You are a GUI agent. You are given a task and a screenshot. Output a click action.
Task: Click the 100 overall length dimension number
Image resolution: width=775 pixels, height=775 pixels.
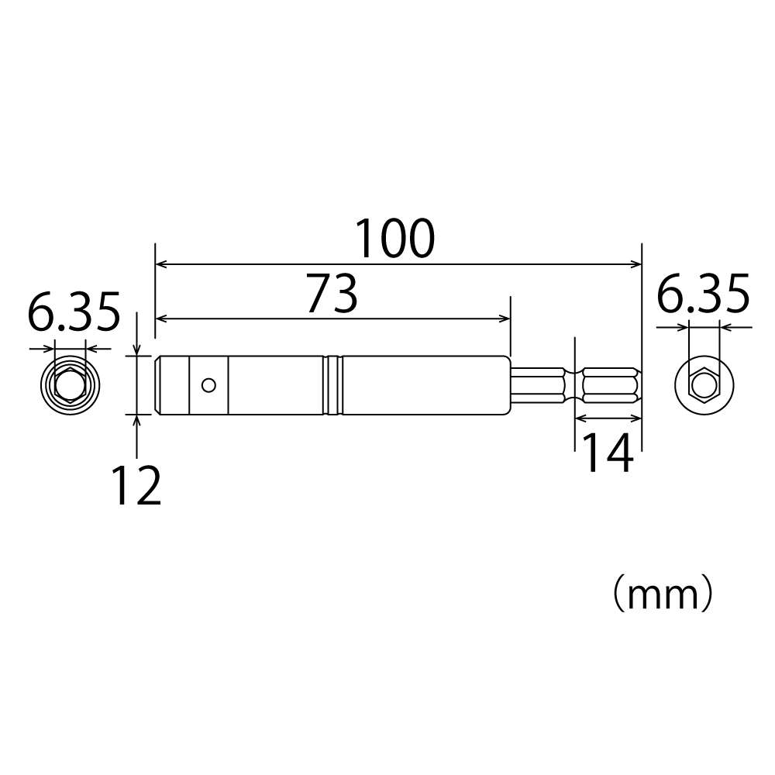tap(395, 239)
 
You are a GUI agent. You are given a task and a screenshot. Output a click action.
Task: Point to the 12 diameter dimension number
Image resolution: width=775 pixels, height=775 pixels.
tap(136, 487)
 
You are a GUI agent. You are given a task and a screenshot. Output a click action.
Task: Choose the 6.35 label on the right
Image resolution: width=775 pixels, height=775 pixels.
tap(703, 295)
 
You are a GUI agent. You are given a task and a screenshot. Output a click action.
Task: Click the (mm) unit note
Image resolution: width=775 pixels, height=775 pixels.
tap(659, 595)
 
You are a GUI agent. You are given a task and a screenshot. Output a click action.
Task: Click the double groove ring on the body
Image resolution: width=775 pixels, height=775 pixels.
tap(334, 385)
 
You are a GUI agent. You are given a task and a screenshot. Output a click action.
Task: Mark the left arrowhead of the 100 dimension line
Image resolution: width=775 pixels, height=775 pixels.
tap(160, 265)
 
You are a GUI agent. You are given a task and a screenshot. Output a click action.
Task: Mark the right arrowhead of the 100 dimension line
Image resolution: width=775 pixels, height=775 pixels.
tap(637, 265)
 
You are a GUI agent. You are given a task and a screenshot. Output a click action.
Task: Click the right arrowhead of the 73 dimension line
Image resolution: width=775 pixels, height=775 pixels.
tap(505, 319)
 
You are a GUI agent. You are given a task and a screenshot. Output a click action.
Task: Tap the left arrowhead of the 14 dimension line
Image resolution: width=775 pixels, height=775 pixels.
tap(580, 418)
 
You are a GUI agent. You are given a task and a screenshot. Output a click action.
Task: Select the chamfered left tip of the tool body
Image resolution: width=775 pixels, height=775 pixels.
tap(158, 385)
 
